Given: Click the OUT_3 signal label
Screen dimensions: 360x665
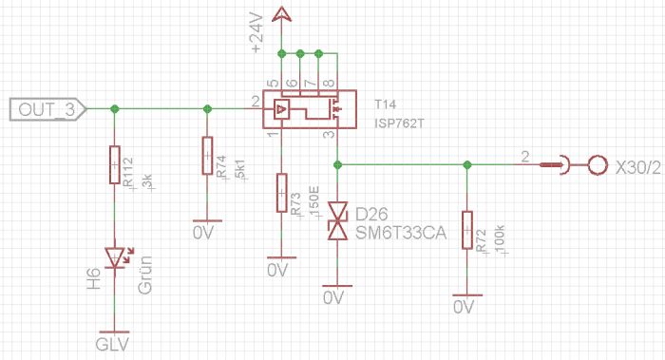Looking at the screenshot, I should click(x=45, y=110).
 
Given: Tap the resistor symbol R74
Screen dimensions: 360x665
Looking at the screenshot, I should click(x=207, y=156).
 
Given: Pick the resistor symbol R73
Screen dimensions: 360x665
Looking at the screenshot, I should click(x=281, y=193).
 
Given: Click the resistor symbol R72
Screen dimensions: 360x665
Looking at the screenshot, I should click(x=466, y=231).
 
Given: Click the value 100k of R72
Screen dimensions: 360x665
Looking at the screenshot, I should click(x=499, y=238).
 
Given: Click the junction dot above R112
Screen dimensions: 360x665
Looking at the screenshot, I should click(x=115, y=109).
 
